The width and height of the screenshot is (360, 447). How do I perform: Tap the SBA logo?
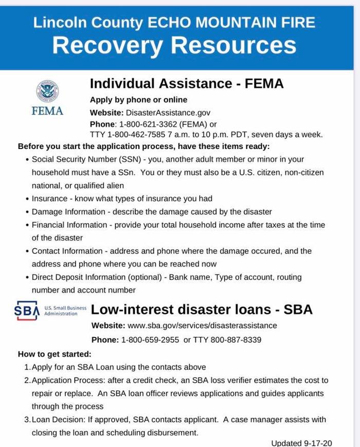(x=27, y=310)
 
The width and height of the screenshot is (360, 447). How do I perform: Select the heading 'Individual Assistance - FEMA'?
(x=187, y=83)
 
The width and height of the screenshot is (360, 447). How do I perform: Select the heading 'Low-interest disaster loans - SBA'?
(x=202, y=309)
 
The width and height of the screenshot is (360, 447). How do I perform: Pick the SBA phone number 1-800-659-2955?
(x=150, y=340)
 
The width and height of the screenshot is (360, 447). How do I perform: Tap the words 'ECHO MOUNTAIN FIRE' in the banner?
(x=231, y=22)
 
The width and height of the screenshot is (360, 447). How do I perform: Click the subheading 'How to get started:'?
(x=55, y=354)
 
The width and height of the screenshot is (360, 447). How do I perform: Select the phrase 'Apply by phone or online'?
(x=138, y=100)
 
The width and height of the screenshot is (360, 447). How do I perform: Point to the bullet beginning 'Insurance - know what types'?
(x=122, y=198)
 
